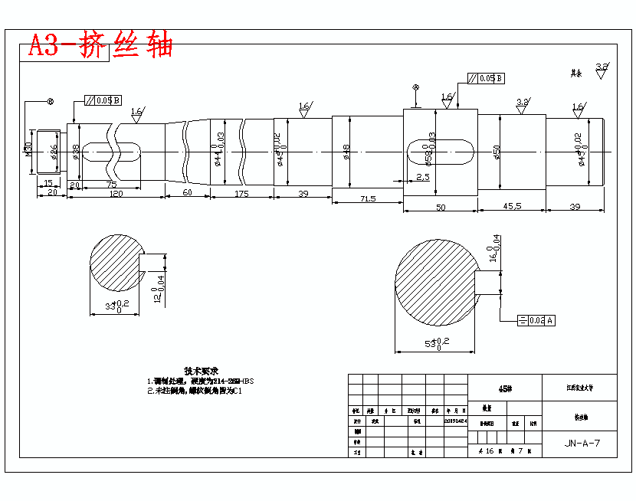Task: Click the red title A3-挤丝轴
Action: [100, 45]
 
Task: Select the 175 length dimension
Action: [241, 194]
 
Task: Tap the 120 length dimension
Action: [116, 195]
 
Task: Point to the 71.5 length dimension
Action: [367, 199]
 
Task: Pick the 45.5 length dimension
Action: [513, 205]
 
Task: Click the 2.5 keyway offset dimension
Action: [423, 177]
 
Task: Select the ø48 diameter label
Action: [346, 152]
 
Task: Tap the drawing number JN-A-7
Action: [582, 443]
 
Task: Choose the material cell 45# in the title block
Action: [505, 388]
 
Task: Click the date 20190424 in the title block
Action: [455, 421]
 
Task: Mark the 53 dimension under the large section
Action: [438, 342]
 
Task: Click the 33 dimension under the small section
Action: [116, 305]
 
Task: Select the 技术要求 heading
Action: [202, 370]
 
